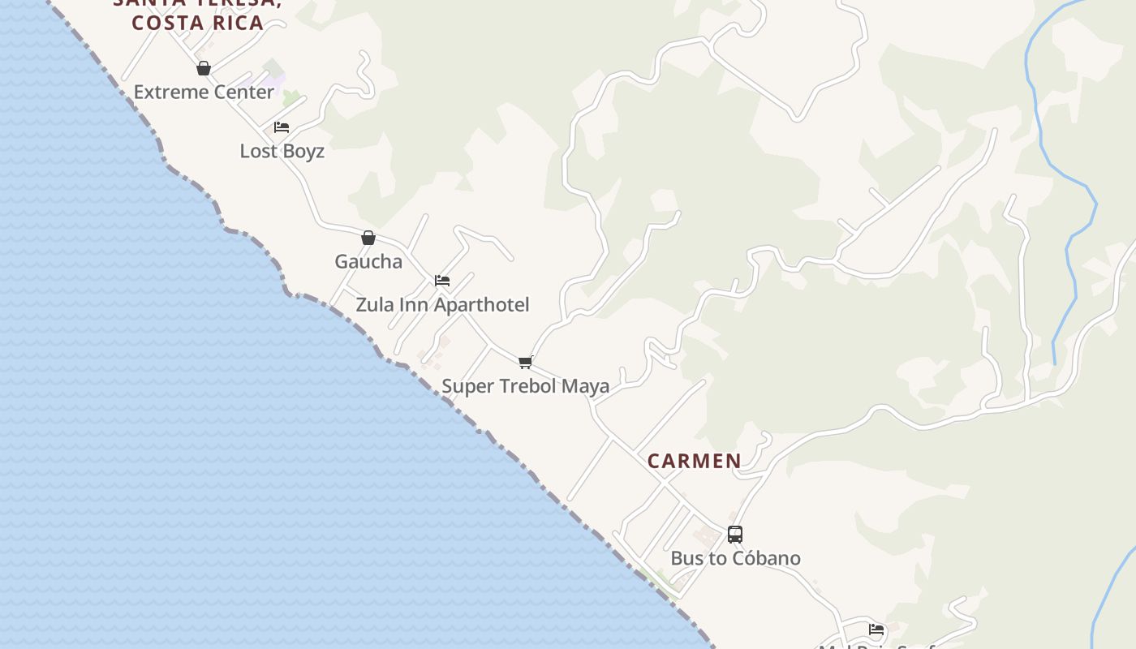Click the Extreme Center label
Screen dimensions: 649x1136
tap(204, 92)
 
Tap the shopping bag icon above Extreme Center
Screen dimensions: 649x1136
tap(204, 68)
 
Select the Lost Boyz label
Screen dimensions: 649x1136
tap(282, 151)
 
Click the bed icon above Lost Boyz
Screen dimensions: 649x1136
tap(282, 127)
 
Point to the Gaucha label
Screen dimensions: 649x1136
tap(368, 261)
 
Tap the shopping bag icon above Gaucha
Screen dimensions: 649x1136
tap(368, 238)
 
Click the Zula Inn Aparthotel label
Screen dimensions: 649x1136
tap(442, 305)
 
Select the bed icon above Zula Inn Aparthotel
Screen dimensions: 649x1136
tap(442, 281)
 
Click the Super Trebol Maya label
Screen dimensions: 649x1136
tap(525, 386)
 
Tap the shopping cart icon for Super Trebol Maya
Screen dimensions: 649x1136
tap(526, 362)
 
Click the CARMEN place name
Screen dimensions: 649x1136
tap(695, 462)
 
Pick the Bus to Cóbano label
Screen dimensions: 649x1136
tap(735, 558)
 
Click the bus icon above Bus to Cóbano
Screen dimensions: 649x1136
tap(735, 535)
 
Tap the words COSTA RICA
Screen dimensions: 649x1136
tap(198, 23)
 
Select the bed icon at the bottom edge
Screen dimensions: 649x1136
tap(876, 629)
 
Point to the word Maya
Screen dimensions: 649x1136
tap(585, 386)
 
